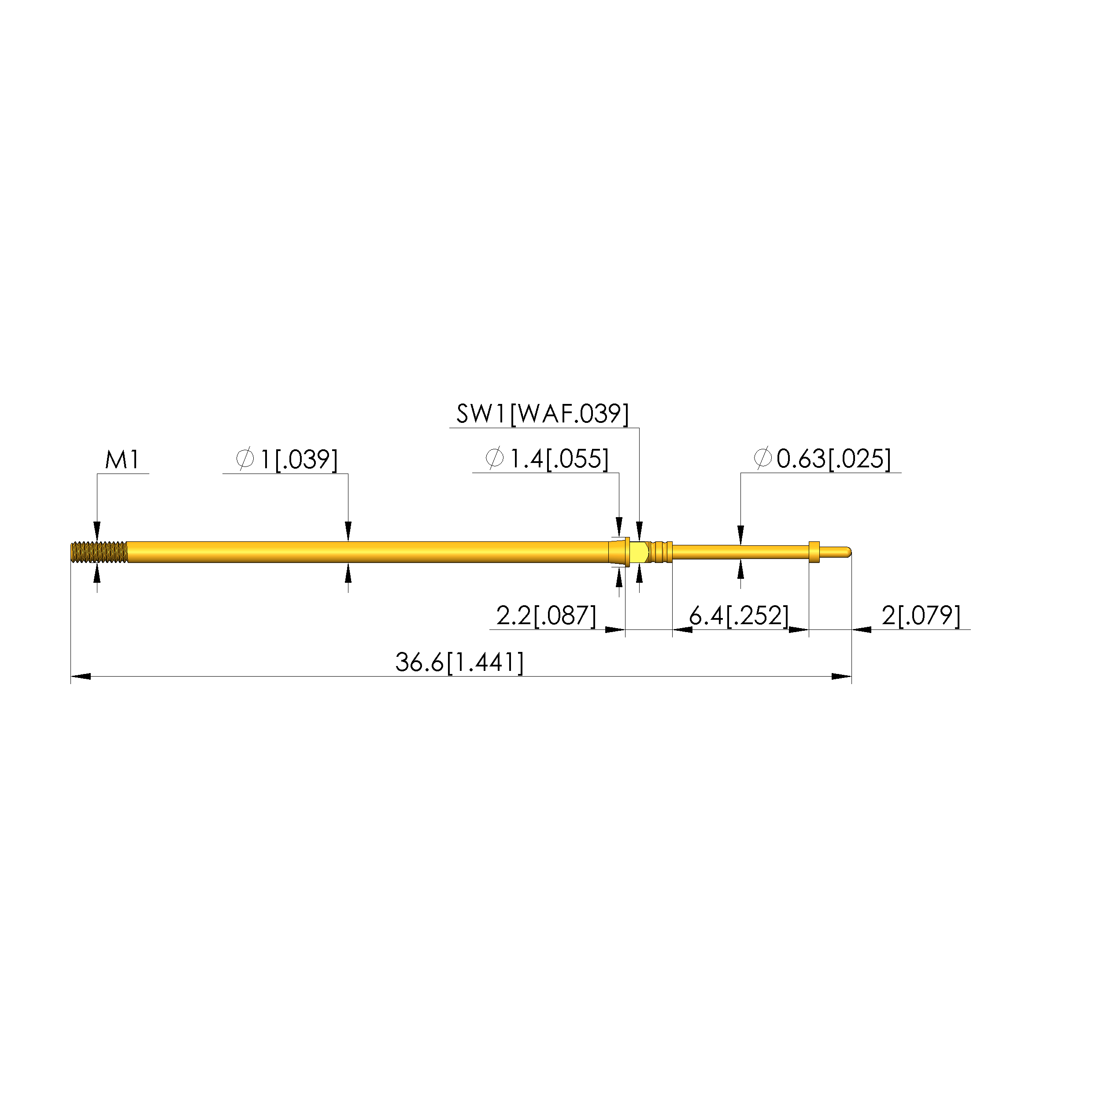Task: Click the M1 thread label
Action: (x=122, y=459)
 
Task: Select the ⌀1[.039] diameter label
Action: (x=287, y=459)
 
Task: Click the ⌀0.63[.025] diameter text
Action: (x=822, y=459)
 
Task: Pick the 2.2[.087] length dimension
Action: (x=546, y=615)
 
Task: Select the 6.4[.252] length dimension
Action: (x=739, y=615)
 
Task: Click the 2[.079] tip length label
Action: (x=921, y=615)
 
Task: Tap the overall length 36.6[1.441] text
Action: (x=459, y=662)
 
